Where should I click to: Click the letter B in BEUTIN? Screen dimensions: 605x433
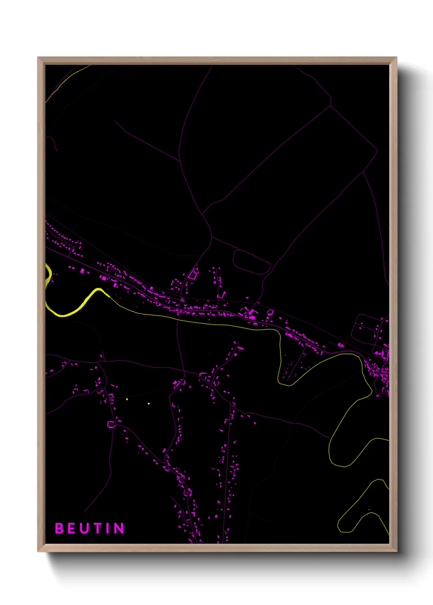point(59,528)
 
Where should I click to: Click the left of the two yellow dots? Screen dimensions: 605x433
point(127,399)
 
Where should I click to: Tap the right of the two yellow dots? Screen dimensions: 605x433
point(149,403)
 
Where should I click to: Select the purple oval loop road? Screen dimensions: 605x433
point(251,262)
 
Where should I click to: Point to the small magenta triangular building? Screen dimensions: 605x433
point(341,345)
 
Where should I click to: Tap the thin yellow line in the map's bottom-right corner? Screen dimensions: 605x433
point(360,505)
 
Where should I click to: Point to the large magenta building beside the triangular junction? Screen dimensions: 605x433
point(250,314)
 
